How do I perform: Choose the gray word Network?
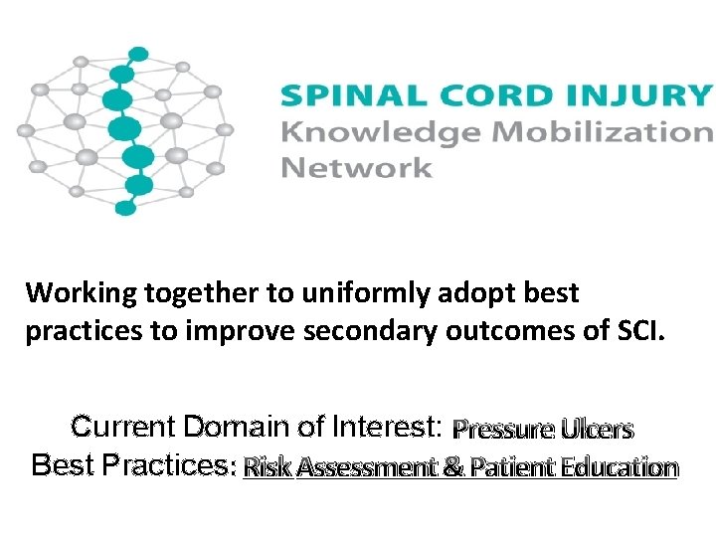point(356,166)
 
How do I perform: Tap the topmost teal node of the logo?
point(139,54)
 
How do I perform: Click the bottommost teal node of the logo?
point(125,208)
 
